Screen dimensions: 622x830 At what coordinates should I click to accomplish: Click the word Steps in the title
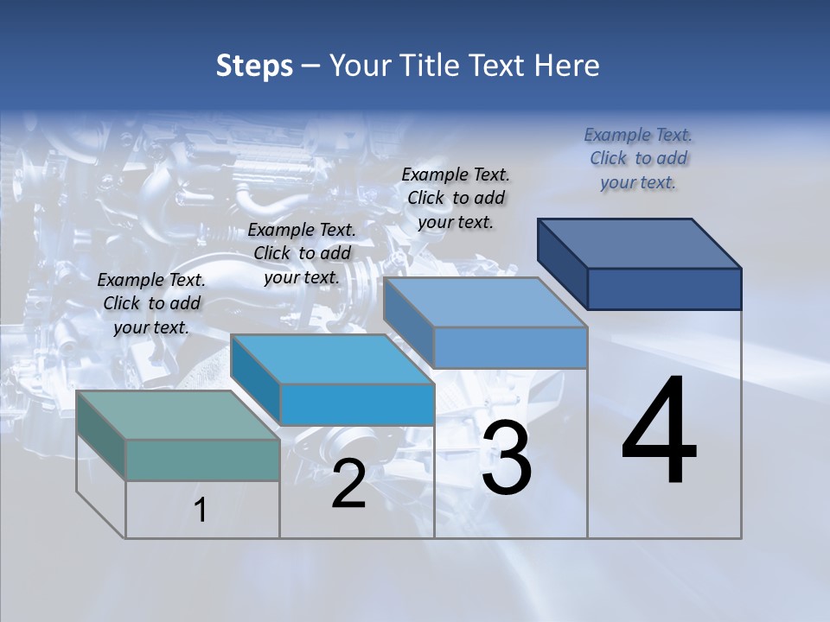click(x=254, y=66)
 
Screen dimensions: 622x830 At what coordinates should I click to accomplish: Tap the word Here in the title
click(x=566, y=66)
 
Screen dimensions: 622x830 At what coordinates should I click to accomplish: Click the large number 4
click(x=659, y=432)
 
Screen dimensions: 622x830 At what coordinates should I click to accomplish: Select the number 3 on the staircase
click(x=507, y=458)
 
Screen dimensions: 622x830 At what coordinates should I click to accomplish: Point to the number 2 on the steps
click(x=348, y=484)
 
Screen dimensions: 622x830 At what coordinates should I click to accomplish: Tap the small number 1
click(x=201, y=511)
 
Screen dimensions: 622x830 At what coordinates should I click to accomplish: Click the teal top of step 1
click(x=177, y=415)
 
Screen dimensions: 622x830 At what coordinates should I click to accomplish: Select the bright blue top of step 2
click(x=332, y=359)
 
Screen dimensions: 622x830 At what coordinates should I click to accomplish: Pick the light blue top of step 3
click(x=484, y=302)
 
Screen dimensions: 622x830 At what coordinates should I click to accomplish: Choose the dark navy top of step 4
click(x=640, y=243)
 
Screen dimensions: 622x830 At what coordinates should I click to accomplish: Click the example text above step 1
click(x=151, y=303)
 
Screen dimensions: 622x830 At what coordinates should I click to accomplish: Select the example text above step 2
click(x=302, y=253)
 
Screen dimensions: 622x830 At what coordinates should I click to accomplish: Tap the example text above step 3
click(x=456, y=198)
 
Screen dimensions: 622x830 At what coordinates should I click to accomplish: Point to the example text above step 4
click(x=638, y=158)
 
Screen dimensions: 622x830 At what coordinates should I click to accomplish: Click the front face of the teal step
click(x=202, y=460)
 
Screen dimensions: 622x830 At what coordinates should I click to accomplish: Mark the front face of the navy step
click(x=664, y=289)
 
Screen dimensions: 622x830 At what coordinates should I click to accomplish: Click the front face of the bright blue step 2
click(x=356, y=404)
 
